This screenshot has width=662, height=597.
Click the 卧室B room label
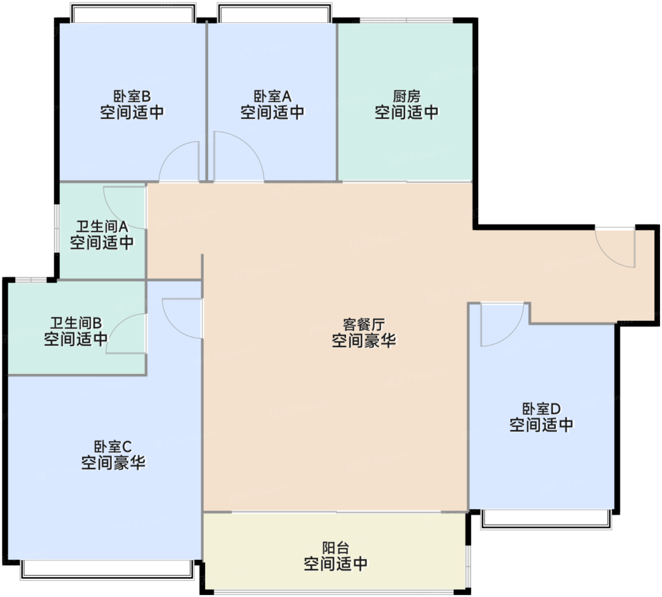coord(132,97)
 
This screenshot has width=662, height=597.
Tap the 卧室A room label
coord(272,97)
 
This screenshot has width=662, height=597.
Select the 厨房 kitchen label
coord(406,97)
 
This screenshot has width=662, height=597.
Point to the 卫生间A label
coord(102,227)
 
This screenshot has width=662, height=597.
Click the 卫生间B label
coord(76,323)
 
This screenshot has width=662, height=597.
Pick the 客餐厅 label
coord(364,325)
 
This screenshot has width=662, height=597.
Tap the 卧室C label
coord(113,447)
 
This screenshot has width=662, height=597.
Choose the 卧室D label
coord(541,409)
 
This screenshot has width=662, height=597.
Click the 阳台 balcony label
coord(335,548)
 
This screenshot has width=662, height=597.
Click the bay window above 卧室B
coord(133,13)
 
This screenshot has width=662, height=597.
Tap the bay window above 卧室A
coord(274,13)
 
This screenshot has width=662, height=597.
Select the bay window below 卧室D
coord(546,518)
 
